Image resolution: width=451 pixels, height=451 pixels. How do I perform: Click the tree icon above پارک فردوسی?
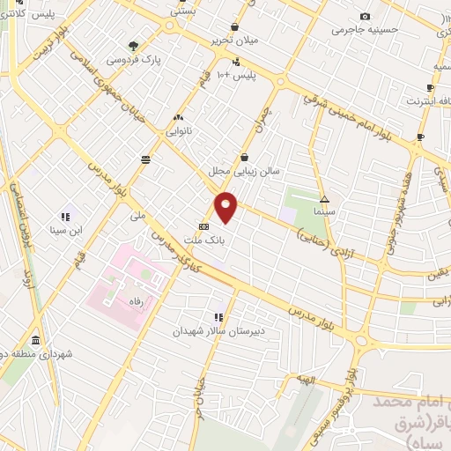[x=133, y=46]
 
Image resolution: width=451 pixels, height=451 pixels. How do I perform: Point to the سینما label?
[x=324, y=213]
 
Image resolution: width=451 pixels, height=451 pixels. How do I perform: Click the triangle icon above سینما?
[x=324, y=200]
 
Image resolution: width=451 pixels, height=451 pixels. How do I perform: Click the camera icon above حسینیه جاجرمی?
[x=365, y=16]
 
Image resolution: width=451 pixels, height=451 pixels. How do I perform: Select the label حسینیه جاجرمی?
[x=365, y=29]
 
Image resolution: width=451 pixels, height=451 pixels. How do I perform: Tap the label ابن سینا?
[x=65, y=231]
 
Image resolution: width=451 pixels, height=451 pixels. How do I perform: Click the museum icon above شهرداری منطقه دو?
[x=34, y=340]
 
